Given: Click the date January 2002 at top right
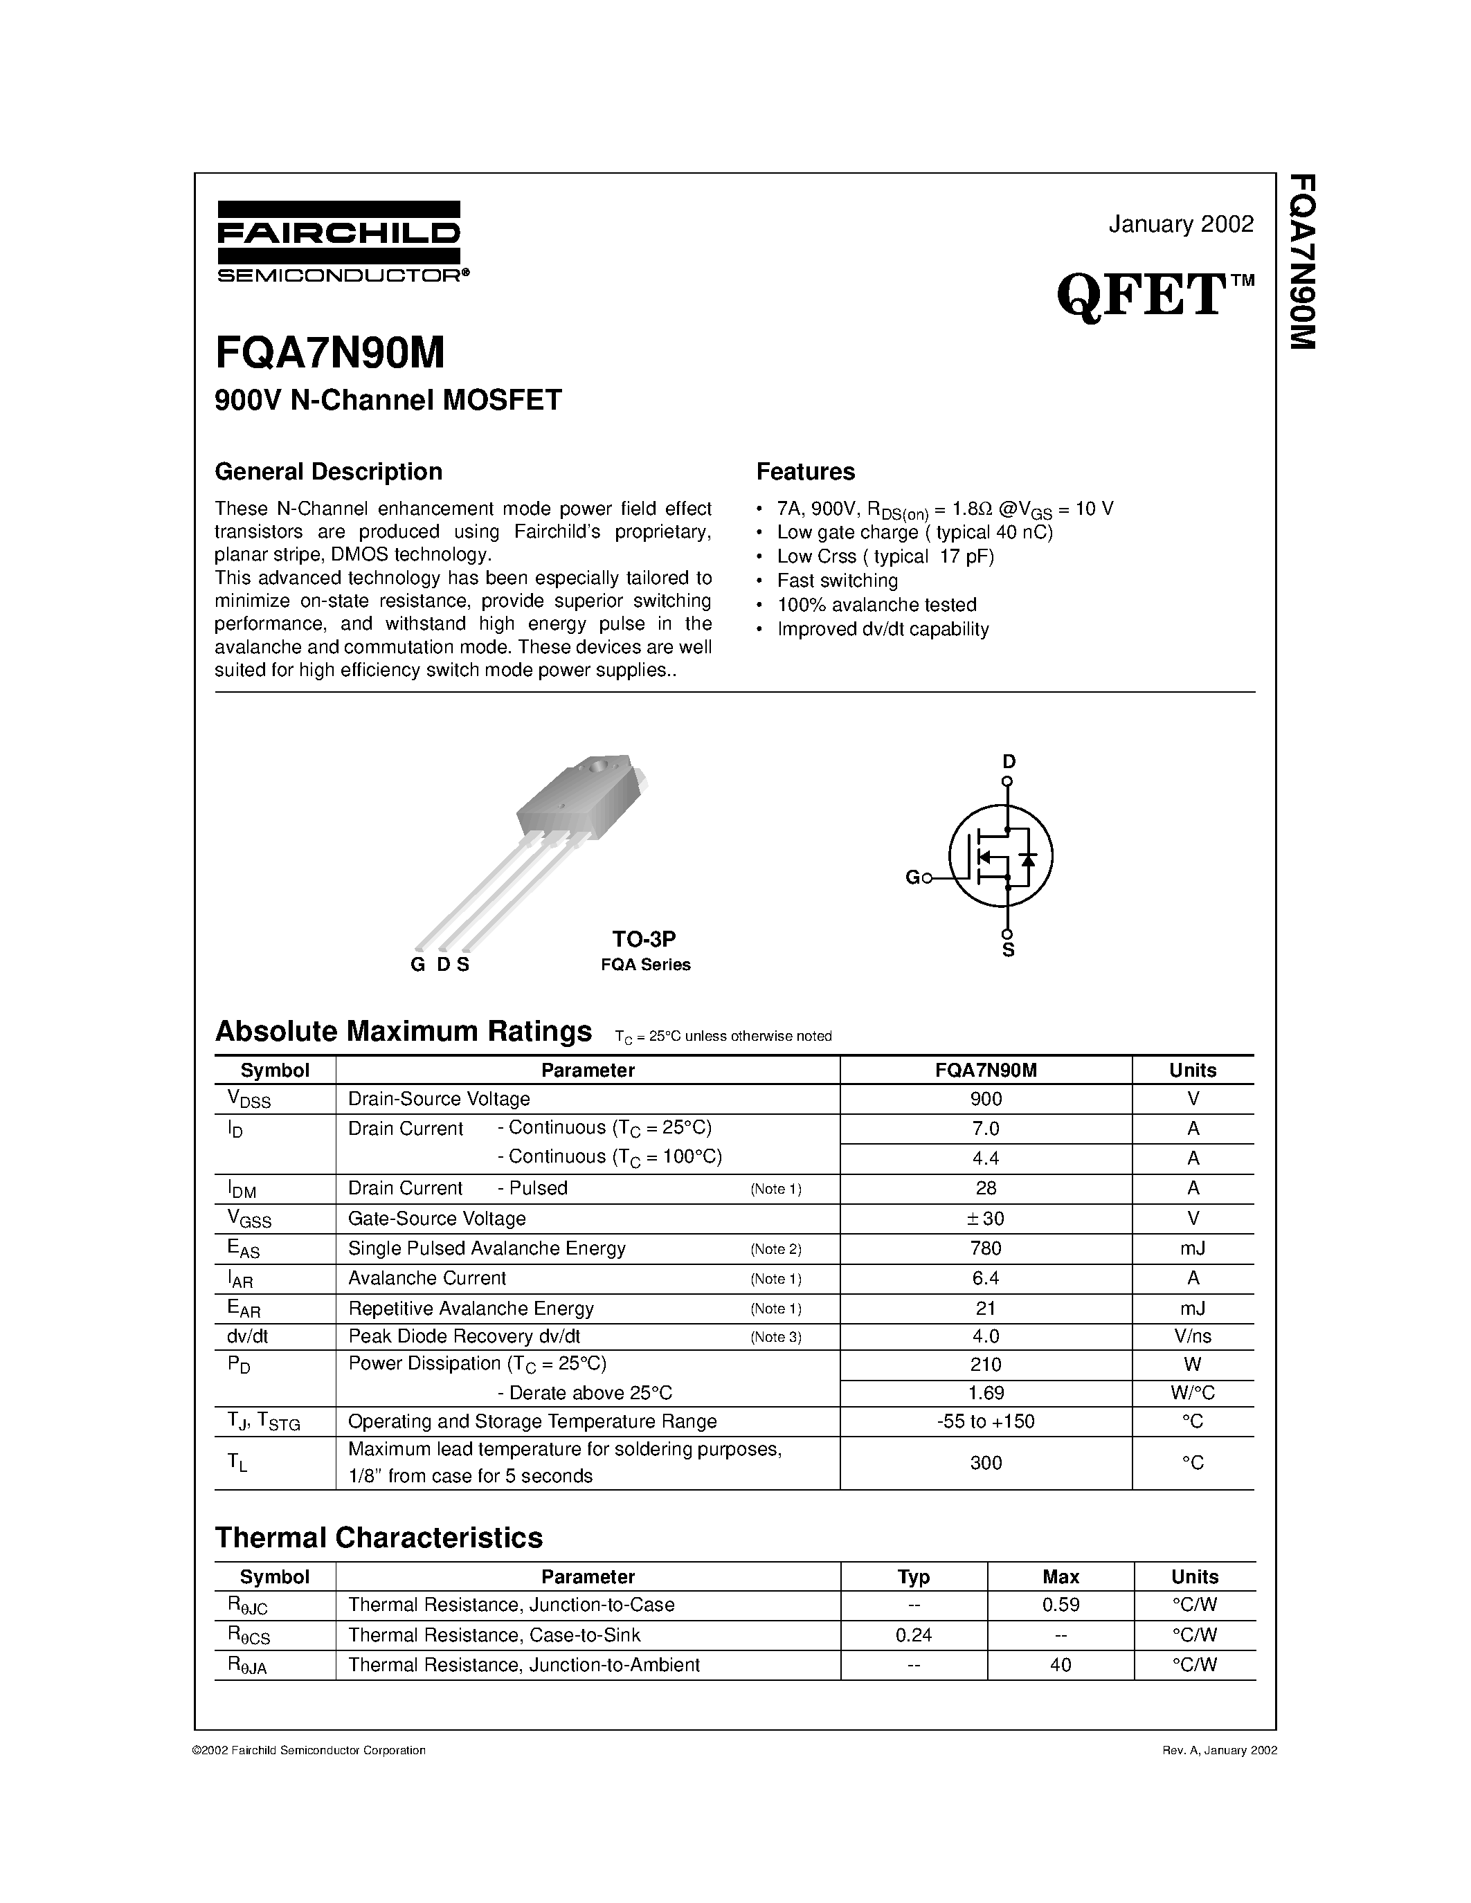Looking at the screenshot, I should (x=1181, y=224).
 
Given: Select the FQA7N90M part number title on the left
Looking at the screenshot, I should (x=330, y=353).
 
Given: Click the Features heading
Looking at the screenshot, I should (x=805, y=471).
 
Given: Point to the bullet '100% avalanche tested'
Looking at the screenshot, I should (x=876, y=605).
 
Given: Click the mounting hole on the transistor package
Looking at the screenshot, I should (x=596, y=767).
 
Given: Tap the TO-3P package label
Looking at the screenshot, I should (x=643, y=938).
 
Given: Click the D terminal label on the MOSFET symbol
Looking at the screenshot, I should (x=1009, y=761).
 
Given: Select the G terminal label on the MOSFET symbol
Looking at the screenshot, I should (x=912, y=877).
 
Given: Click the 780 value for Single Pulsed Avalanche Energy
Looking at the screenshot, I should (x=986, y=1248).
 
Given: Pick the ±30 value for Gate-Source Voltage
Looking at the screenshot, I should (x=986, y=1218).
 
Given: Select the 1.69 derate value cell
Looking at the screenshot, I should (x=986, y=1393).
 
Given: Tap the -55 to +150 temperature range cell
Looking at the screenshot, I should (x=986, y=1422).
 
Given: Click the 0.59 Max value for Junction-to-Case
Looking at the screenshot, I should (x=1061, y=1605).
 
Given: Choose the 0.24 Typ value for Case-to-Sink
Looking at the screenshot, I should (x=913, y=1635).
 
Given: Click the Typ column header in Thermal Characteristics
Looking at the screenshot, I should (x=913, y=1576).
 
